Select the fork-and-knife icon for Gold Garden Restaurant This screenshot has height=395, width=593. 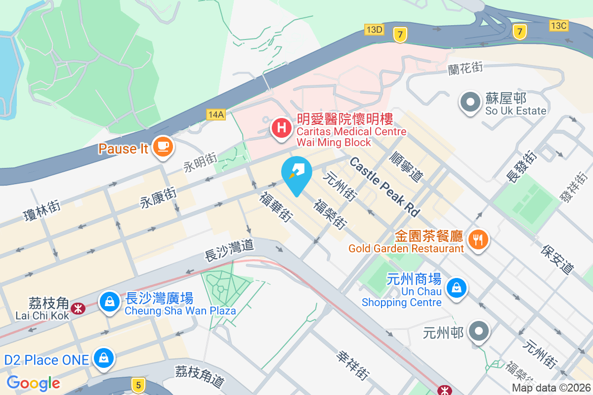tap(477, 240)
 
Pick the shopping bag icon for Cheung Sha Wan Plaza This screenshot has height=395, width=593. tap(109, 301)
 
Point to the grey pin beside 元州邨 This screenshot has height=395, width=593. tap(478, 332)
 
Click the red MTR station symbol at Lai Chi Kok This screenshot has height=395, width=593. tap(78, 309)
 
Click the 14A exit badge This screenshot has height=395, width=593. tap(216, 115)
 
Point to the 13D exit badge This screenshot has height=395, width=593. tap(374, 30)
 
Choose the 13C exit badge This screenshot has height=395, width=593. tap(558, 25)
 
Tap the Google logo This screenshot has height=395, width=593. tap(34, 383)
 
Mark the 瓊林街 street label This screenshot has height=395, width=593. tap(42, 210)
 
